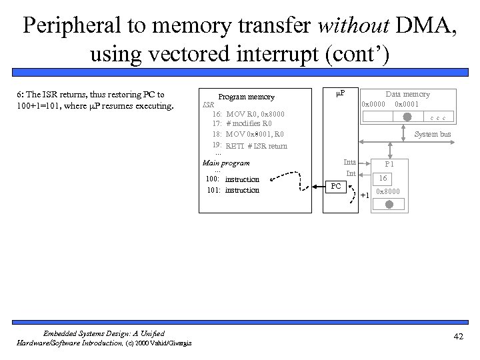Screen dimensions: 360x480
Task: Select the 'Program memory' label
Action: pos(246,97)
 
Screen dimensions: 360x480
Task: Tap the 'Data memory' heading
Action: pos(407,95)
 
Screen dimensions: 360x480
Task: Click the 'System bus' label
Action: pos(432,134)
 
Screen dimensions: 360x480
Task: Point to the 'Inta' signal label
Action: pos(349,162)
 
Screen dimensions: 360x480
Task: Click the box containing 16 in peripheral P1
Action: pos(383,178)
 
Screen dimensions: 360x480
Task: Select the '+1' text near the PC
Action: pos(364,195)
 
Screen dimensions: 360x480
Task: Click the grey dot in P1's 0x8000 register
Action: pos(388,204)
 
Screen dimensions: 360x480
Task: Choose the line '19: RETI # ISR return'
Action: pos(249,146)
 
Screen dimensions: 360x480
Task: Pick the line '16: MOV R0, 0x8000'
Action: pos(248,114)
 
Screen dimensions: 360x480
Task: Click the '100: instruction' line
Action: pos(232,179)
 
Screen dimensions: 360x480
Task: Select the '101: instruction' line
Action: pos(232,190)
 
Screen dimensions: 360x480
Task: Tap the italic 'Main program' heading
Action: pos(225,163)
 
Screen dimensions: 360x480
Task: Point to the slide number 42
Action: pos(458,337)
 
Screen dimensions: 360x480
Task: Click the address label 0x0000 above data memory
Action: pos(373,104)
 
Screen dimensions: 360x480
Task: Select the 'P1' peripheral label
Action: pos(389,164)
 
